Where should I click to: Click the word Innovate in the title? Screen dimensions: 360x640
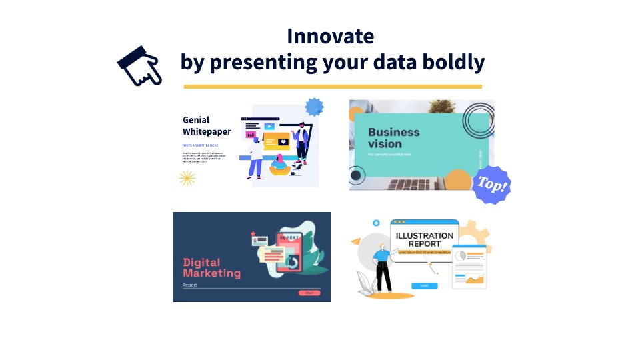coord(330,35)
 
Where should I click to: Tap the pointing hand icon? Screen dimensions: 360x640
coord(139,66)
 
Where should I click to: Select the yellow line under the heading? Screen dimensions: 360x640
coord(333,87)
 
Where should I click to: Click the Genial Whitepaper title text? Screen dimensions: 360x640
coord(207,125)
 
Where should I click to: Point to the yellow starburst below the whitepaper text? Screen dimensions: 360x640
coord(187,177)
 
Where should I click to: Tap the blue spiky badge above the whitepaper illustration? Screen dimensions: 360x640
coord(314,107)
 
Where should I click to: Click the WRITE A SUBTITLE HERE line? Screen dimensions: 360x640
coord(200,145)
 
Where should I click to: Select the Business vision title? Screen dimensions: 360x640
coord(393,137)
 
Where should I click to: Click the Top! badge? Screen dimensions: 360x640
coord(492,185)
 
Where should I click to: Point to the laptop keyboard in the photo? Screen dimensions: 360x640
coord(413,183)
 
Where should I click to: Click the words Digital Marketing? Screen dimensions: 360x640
coord(211,268)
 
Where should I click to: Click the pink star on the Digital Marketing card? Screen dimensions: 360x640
coord(253,234)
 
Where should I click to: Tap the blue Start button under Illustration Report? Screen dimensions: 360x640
coord(424,285)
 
